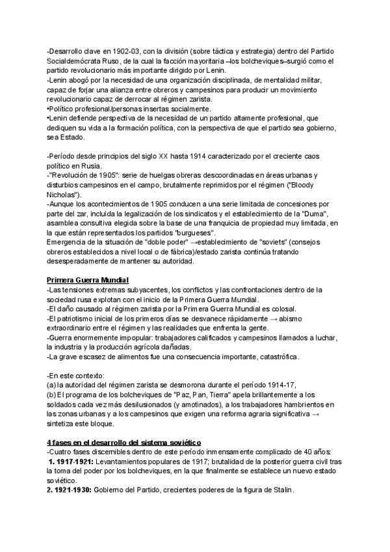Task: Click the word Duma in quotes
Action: [316, 215]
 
